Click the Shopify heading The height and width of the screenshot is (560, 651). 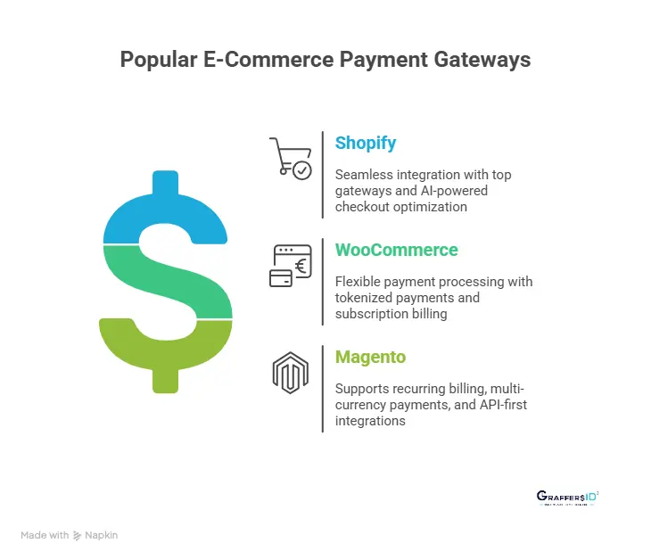366,144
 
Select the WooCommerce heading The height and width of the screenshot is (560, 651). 396,251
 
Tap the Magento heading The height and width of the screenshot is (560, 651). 370,358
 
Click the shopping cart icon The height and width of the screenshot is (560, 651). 291,158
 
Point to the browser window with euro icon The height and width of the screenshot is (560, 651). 291,265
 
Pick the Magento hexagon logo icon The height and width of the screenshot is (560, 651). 290,373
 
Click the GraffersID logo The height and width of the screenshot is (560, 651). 567,498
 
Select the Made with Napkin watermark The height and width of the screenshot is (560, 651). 69,535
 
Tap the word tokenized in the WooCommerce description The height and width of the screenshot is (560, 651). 366,298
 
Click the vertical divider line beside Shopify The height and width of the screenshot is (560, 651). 322,175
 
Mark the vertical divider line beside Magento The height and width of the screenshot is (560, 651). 322,389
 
